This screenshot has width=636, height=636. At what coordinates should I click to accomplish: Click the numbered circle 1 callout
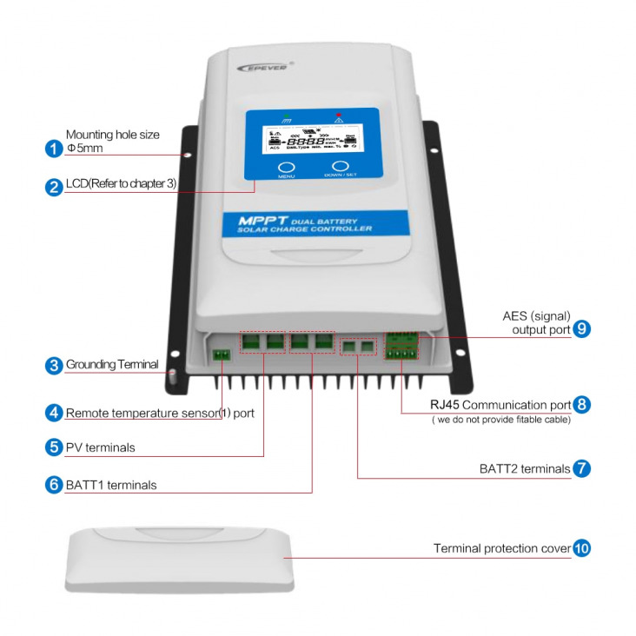click(x=54, y=148)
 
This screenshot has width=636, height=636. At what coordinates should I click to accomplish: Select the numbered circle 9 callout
click(x=581, y=329)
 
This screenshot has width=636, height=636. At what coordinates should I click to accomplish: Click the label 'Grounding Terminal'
click(x=112, y=365)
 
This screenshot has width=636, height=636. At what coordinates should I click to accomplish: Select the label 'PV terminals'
click(x=100, y=448)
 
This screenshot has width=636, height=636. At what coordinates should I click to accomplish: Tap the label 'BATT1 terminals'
click(x=111, y=485)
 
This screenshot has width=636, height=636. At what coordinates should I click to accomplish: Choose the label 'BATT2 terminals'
click(x=524, y=468)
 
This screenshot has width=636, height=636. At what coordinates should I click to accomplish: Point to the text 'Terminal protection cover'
click(x=502, y=549)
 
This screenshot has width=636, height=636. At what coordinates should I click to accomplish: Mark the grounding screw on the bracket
click(x=172, y=376)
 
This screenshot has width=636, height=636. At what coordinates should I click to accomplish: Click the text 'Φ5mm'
click(x=84, y=149)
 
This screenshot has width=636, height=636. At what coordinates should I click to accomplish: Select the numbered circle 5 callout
click(x=54, y=447)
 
